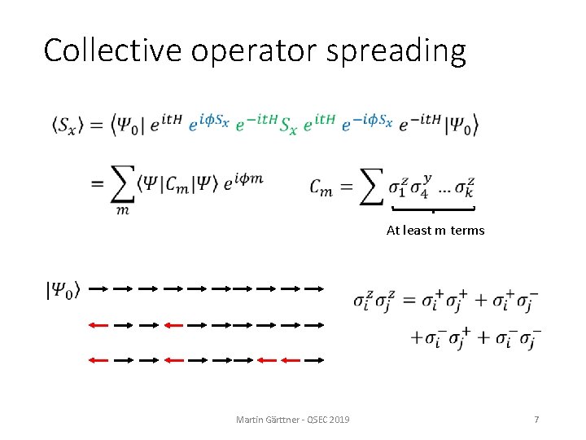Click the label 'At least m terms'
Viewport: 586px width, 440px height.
435,231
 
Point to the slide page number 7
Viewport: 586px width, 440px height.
536,419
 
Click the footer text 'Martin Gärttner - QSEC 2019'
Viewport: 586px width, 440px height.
293,419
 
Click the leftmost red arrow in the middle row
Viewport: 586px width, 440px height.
98,324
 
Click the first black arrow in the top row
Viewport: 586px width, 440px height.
98,288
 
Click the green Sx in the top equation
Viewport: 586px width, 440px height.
288,124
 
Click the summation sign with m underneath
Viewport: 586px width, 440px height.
123,187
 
